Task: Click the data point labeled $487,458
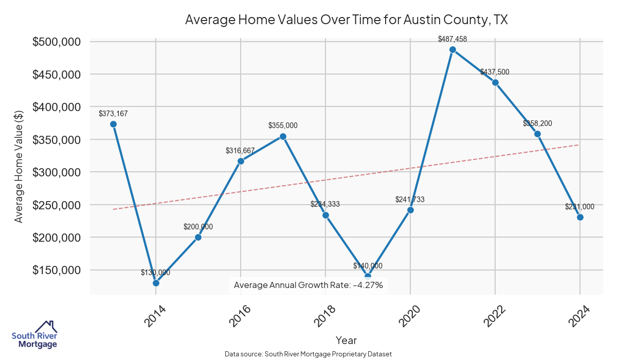(452, 50)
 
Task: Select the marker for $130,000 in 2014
(156, 283)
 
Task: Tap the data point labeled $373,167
(113, 124)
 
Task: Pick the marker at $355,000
(283, 136)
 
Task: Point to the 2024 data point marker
(580, 217)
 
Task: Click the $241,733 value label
(410, 200)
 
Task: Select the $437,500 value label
(495, 72)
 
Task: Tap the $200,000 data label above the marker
(198, 227)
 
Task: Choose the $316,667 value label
(240, 151)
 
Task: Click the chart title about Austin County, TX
(346, 20)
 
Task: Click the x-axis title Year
(346, 340)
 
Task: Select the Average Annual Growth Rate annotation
(308, 285)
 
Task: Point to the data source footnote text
(308, 354)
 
